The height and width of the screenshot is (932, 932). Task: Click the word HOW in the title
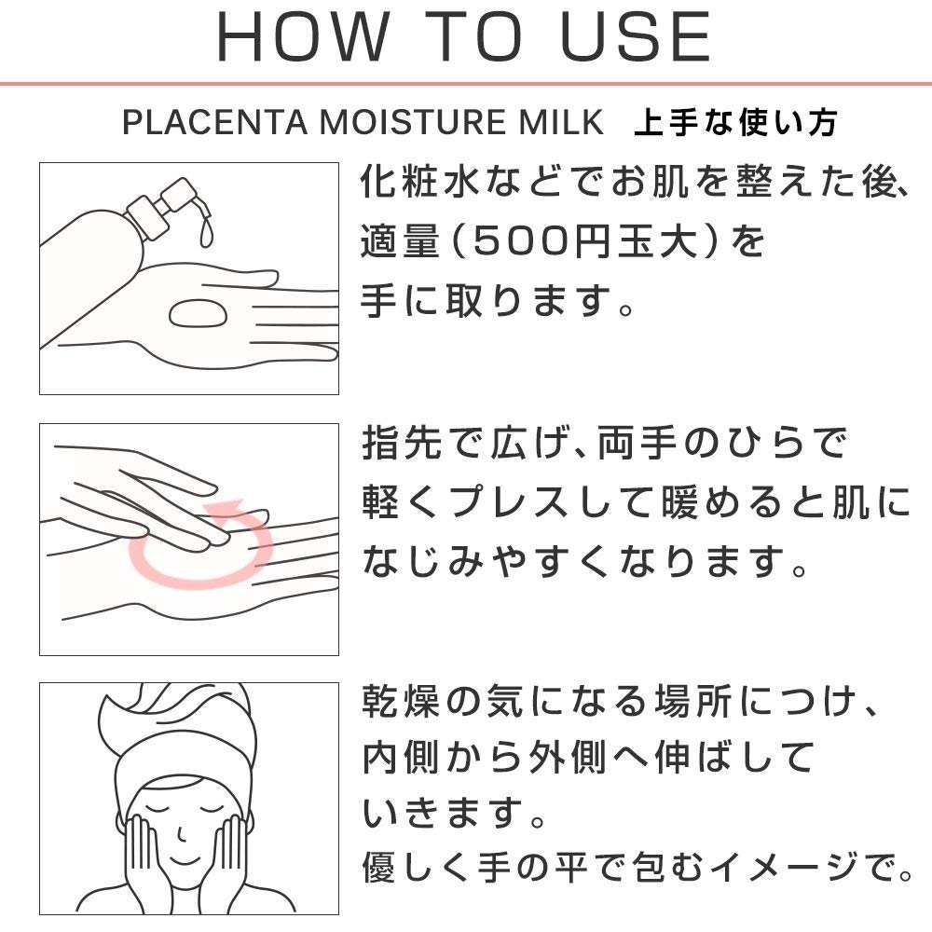pos(303,36)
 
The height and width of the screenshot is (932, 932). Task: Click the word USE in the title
pos(635,36)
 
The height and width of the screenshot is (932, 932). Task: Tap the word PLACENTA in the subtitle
pos(214,122)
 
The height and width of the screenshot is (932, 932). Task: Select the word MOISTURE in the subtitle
pos(413,122)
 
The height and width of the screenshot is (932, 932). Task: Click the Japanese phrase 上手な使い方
pos(736,122)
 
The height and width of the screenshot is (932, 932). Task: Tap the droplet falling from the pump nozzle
pos(206,233)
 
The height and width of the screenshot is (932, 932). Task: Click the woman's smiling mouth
pos(184,861)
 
